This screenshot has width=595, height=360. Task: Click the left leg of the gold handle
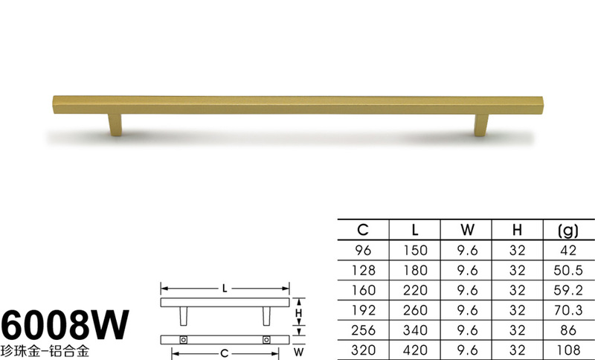115,124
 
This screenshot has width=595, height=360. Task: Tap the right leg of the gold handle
481,125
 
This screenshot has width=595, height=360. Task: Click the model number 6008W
65,325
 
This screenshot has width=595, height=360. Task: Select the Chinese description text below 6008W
45,351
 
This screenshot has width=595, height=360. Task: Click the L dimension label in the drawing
225,289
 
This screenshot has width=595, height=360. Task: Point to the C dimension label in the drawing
225,354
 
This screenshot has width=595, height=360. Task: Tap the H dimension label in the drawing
299,313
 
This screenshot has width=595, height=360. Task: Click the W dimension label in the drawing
299,352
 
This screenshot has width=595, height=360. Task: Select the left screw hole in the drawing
184,340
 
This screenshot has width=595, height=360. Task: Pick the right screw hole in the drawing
266,340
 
